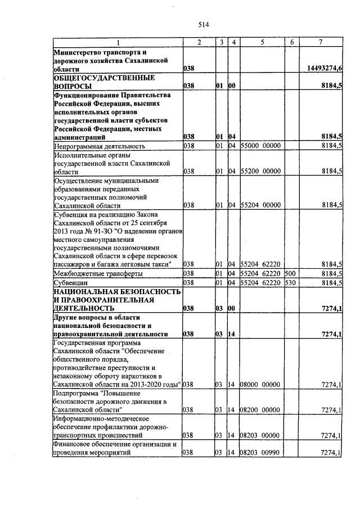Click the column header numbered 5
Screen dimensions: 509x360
coord(262,43)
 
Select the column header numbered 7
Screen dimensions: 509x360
coord(320,43)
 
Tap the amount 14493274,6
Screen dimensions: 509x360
coord(325,68)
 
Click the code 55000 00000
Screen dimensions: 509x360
coord(260,146)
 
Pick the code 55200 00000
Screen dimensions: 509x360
coord(260,171)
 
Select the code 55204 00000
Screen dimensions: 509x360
coord(260,205)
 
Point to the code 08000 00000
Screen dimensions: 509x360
coord(260,385)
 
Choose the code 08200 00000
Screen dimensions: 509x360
coord(260,410)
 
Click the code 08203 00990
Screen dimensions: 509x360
coord(260,453)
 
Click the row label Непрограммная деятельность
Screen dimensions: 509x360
coord(100,146)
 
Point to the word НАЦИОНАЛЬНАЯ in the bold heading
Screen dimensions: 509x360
coord(84,292)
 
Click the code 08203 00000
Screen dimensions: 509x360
coord(260,435)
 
